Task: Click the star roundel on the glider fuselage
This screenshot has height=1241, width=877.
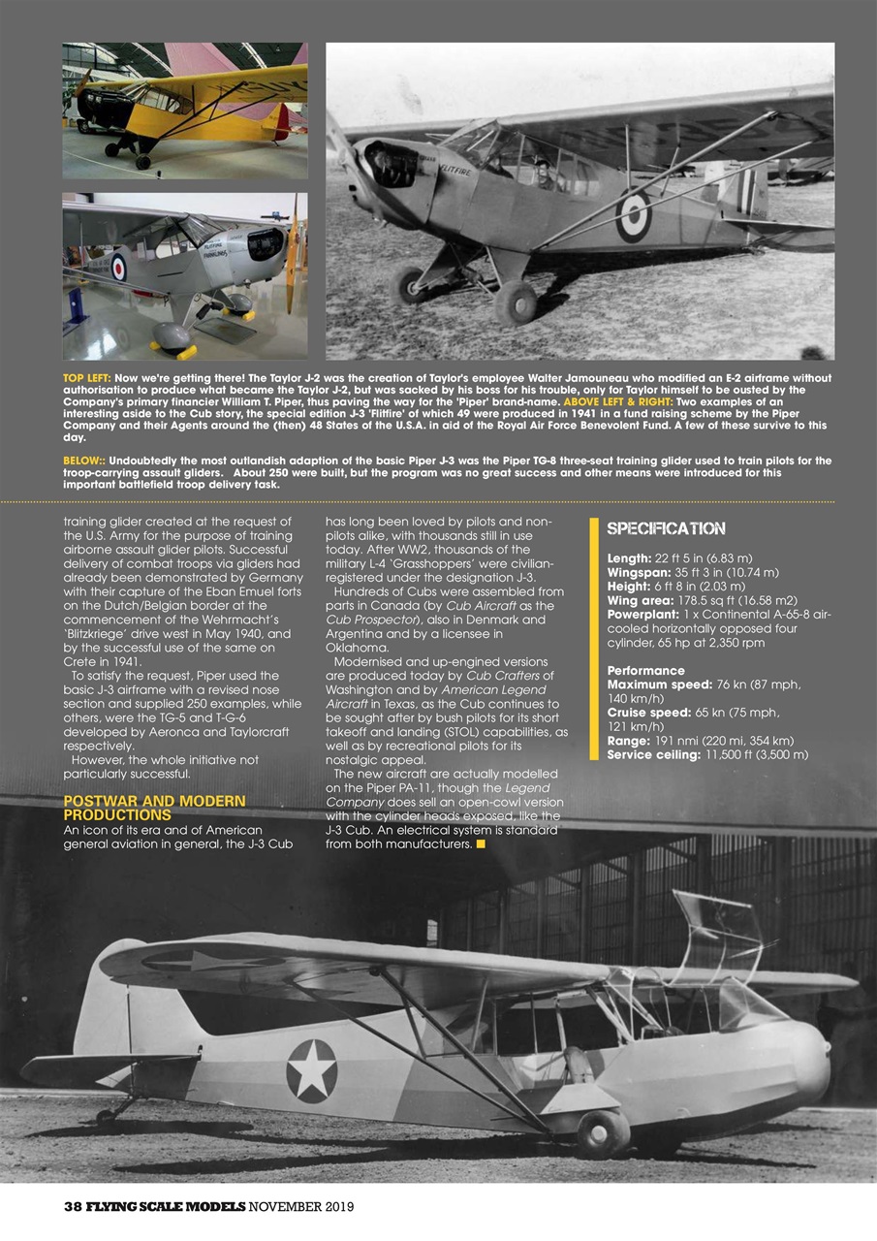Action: click(311, 1070)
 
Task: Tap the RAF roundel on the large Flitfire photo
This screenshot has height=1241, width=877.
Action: click(633, 215)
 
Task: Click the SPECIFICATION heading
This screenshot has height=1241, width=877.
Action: click(666, 528)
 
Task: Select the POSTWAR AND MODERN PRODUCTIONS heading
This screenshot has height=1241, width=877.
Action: click(154, 808)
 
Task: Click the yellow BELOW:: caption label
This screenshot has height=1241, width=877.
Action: click(84, 461)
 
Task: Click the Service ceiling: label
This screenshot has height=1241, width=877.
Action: click(652, 754)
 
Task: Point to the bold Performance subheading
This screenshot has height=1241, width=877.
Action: click(645, 671)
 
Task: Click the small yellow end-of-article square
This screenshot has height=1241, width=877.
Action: click(481, 843)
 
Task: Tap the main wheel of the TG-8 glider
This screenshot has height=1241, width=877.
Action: click(603, 1133)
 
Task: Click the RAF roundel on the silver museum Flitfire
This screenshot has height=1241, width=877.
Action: click(119, 266)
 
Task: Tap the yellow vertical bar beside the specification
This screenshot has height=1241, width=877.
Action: click(593, 640)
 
